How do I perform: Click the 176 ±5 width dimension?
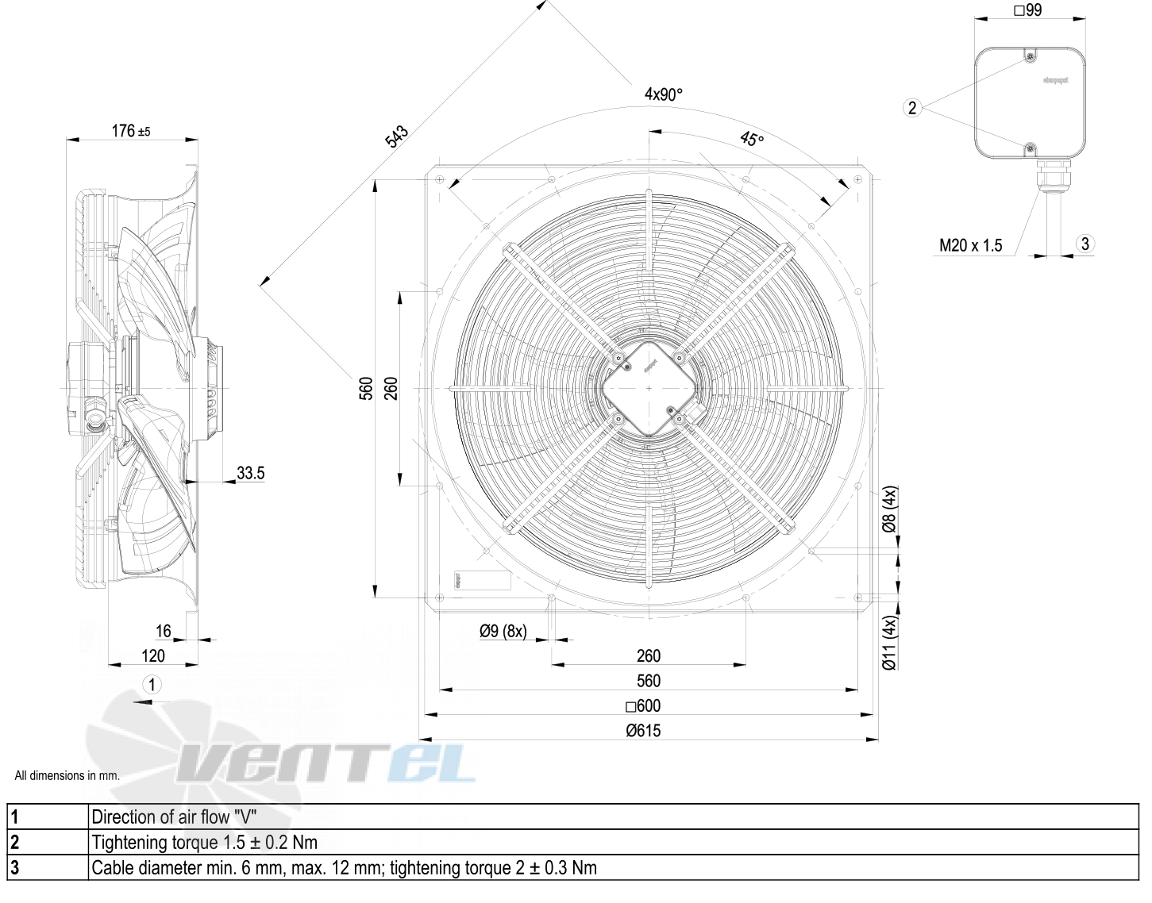tap(131, 131)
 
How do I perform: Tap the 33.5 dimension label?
tap(250, 474)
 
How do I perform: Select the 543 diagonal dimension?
tap(396, 136)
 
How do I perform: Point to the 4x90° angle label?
tap(663, 94)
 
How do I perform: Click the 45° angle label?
tap(751, 140)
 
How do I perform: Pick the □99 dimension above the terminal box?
tap(1027, 11)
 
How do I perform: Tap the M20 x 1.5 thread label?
tap(970, 245)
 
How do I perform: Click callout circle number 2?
tap(912, 108)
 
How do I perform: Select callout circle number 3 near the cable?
tap(1085, 244)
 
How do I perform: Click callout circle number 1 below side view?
tap(152, 684)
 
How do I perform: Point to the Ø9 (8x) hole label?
tap(503, 631)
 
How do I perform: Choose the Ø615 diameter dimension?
tap(643, 731)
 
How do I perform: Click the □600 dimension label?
tap(643, 706)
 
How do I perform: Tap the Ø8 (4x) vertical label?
tap(890, 509)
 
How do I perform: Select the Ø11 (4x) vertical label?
tap(890, 643)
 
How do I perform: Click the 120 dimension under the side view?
tap(152, 656)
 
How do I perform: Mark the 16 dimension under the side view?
tap(163, 632)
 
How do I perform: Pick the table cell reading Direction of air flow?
tap(174, 817)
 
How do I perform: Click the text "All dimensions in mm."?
tap(67, 776)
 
